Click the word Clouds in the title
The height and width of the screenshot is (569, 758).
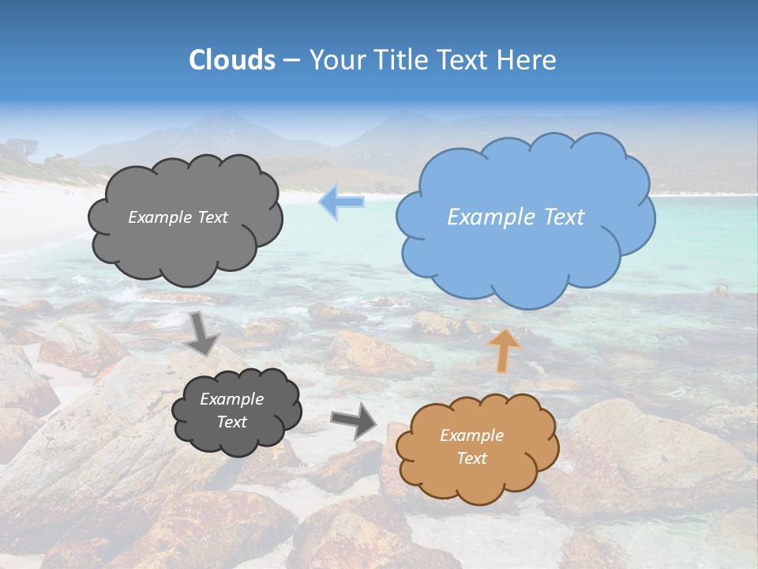pyautogui.click(x=232, y=60)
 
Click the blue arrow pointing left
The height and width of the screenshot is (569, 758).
pyautogui.click(x=341, y=202)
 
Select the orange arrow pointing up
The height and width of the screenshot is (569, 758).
pyautogui.click(x=504, y=349)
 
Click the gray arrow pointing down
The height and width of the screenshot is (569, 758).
pyautogui.click(x=204, y=333)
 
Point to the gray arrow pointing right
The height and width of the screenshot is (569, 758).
pyautogui.click(x=355, y=420)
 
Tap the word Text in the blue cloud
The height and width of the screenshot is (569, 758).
pyautogui.click(x=564, y=217)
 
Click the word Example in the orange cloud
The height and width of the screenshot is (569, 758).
pyautogui.click(x=471, y=435)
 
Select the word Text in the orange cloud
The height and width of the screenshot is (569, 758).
pyautogui.click(x=471, y=458)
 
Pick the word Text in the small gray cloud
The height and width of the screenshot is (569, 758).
pyautogui.click(x=232, y=422)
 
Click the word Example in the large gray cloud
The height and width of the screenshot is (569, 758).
pyautogui.click(x=156, y=217)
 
